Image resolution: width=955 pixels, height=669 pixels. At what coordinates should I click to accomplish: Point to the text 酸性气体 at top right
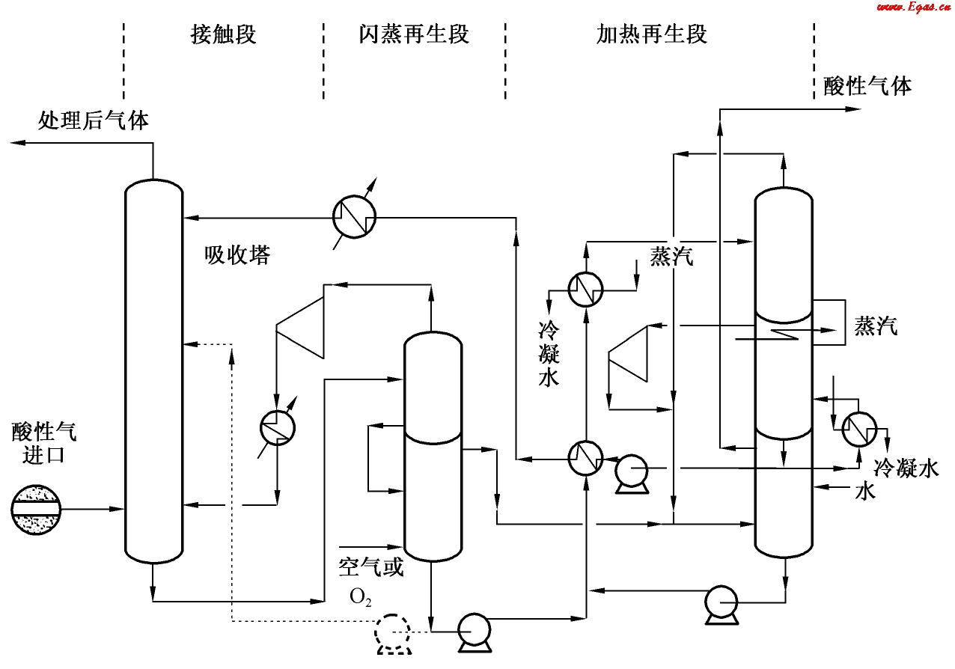(x=867, y=86)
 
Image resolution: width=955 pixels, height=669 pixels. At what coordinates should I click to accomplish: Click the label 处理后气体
(x=94, y=120)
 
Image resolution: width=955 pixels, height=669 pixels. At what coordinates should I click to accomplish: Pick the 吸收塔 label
(x=237, y=256)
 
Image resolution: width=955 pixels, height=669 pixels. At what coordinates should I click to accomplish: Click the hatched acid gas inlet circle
(x=36, y=509)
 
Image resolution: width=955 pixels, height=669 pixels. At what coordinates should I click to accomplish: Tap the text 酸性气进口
(x=44, y=443)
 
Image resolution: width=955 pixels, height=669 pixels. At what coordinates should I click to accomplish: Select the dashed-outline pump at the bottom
(x=394, y=633)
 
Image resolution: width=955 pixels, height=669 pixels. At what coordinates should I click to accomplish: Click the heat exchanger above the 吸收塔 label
(x=354, y=217)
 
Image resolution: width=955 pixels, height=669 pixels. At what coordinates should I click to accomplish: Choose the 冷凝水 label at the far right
(x=906, y=469)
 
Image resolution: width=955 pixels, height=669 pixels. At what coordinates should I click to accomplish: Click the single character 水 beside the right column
(x=866, y=492)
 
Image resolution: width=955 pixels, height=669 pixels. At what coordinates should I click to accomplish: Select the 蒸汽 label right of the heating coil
(x=876, y=326)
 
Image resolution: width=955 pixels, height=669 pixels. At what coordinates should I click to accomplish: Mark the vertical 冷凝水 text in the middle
(x=549, y=354)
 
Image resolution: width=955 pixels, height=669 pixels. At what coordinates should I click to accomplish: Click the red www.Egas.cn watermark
(x=909, y=7)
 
